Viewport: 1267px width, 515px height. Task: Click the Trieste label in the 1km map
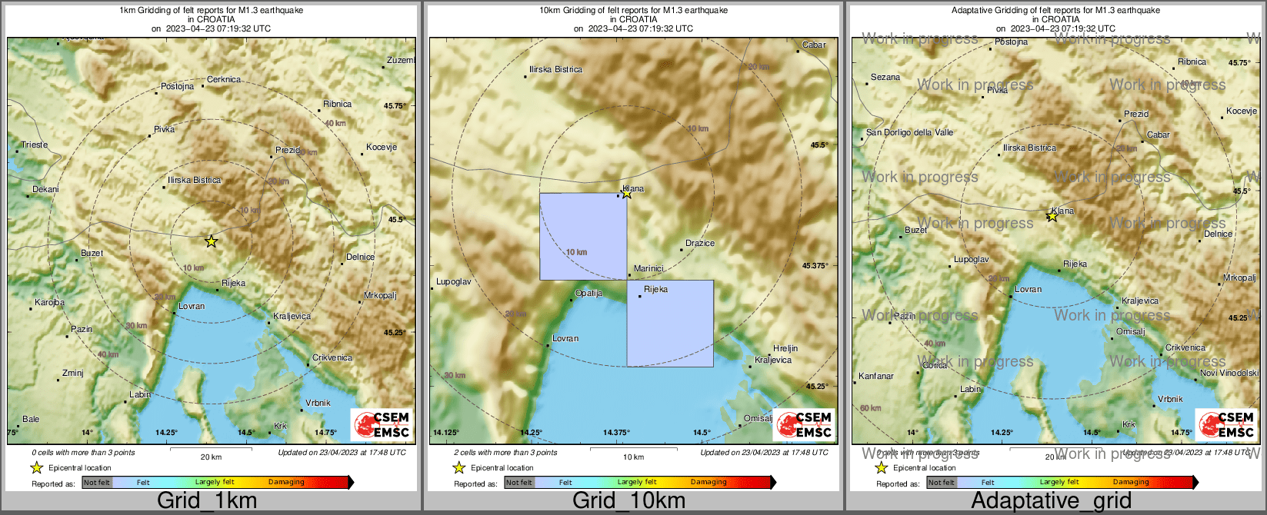[35, 145]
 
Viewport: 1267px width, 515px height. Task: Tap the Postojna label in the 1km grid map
[178, 86]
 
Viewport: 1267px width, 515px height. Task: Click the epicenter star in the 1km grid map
[212, 241]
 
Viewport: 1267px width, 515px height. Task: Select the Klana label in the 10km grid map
[634, 188]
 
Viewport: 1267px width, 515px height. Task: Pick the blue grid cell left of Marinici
[583, 237]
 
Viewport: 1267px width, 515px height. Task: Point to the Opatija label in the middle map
[589, 294]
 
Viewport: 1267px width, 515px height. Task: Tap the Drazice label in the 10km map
[700, 243]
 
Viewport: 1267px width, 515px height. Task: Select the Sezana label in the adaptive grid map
[885, 77]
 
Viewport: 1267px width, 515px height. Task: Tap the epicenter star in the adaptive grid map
[1052, 218]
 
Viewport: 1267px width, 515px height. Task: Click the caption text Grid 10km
[628, 500]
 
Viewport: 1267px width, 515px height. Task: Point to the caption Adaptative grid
[1051, 500]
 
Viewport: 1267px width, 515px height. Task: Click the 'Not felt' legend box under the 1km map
[97, 483]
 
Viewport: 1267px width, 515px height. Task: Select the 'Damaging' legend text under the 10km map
[709, 482]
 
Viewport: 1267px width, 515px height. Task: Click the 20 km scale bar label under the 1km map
[211, 457]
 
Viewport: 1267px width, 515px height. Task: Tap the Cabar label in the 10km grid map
[814, 45]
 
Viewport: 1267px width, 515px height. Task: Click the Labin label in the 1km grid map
[140, 394]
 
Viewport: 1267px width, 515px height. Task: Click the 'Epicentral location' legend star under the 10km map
[459, 467]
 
